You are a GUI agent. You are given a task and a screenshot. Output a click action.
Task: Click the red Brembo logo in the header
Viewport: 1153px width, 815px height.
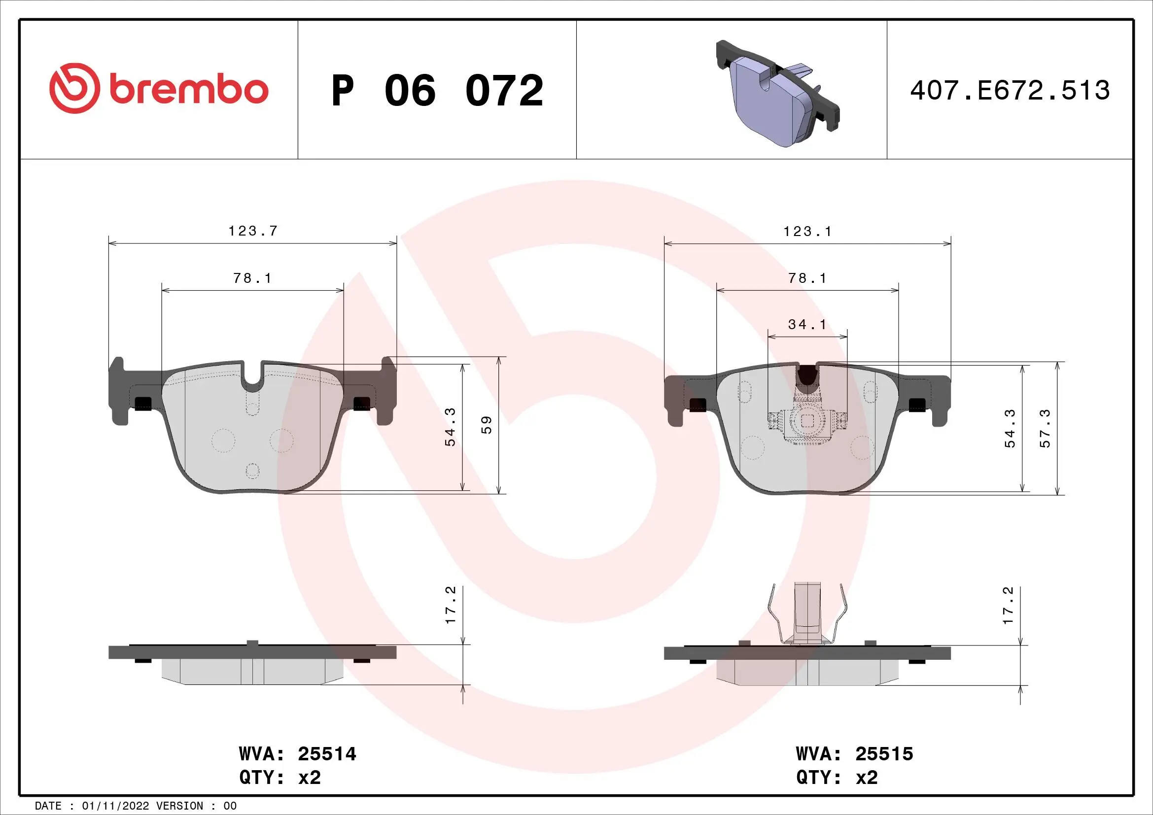[159, 89]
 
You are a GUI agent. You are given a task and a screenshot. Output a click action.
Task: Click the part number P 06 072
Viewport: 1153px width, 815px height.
[437, 90]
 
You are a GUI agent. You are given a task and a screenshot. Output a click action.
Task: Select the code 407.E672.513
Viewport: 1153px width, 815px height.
[1010, 90]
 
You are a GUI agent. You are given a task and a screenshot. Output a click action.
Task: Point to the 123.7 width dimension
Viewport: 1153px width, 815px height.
[252, 231]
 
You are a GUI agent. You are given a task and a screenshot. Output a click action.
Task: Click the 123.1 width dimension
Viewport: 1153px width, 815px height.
[807, 232]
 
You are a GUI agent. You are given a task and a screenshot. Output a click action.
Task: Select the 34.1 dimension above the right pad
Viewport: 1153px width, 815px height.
[807, 325]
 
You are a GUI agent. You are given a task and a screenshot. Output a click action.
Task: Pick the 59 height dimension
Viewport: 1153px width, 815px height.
[486, 425]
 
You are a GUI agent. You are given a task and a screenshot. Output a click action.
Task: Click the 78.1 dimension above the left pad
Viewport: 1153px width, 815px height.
[252, 278]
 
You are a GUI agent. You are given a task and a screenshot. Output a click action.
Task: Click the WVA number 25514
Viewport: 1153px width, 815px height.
[327, 754]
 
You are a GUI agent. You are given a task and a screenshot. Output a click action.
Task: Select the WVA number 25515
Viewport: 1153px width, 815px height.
[884, 754]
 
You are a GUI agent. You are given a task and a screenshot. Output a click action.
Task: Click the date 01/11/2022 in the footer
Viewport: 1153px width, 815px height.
[115, 806]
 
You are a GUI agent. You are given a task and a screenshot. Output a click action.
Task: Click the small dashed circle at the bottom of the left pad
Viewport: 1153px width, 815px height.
[252, 471]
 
